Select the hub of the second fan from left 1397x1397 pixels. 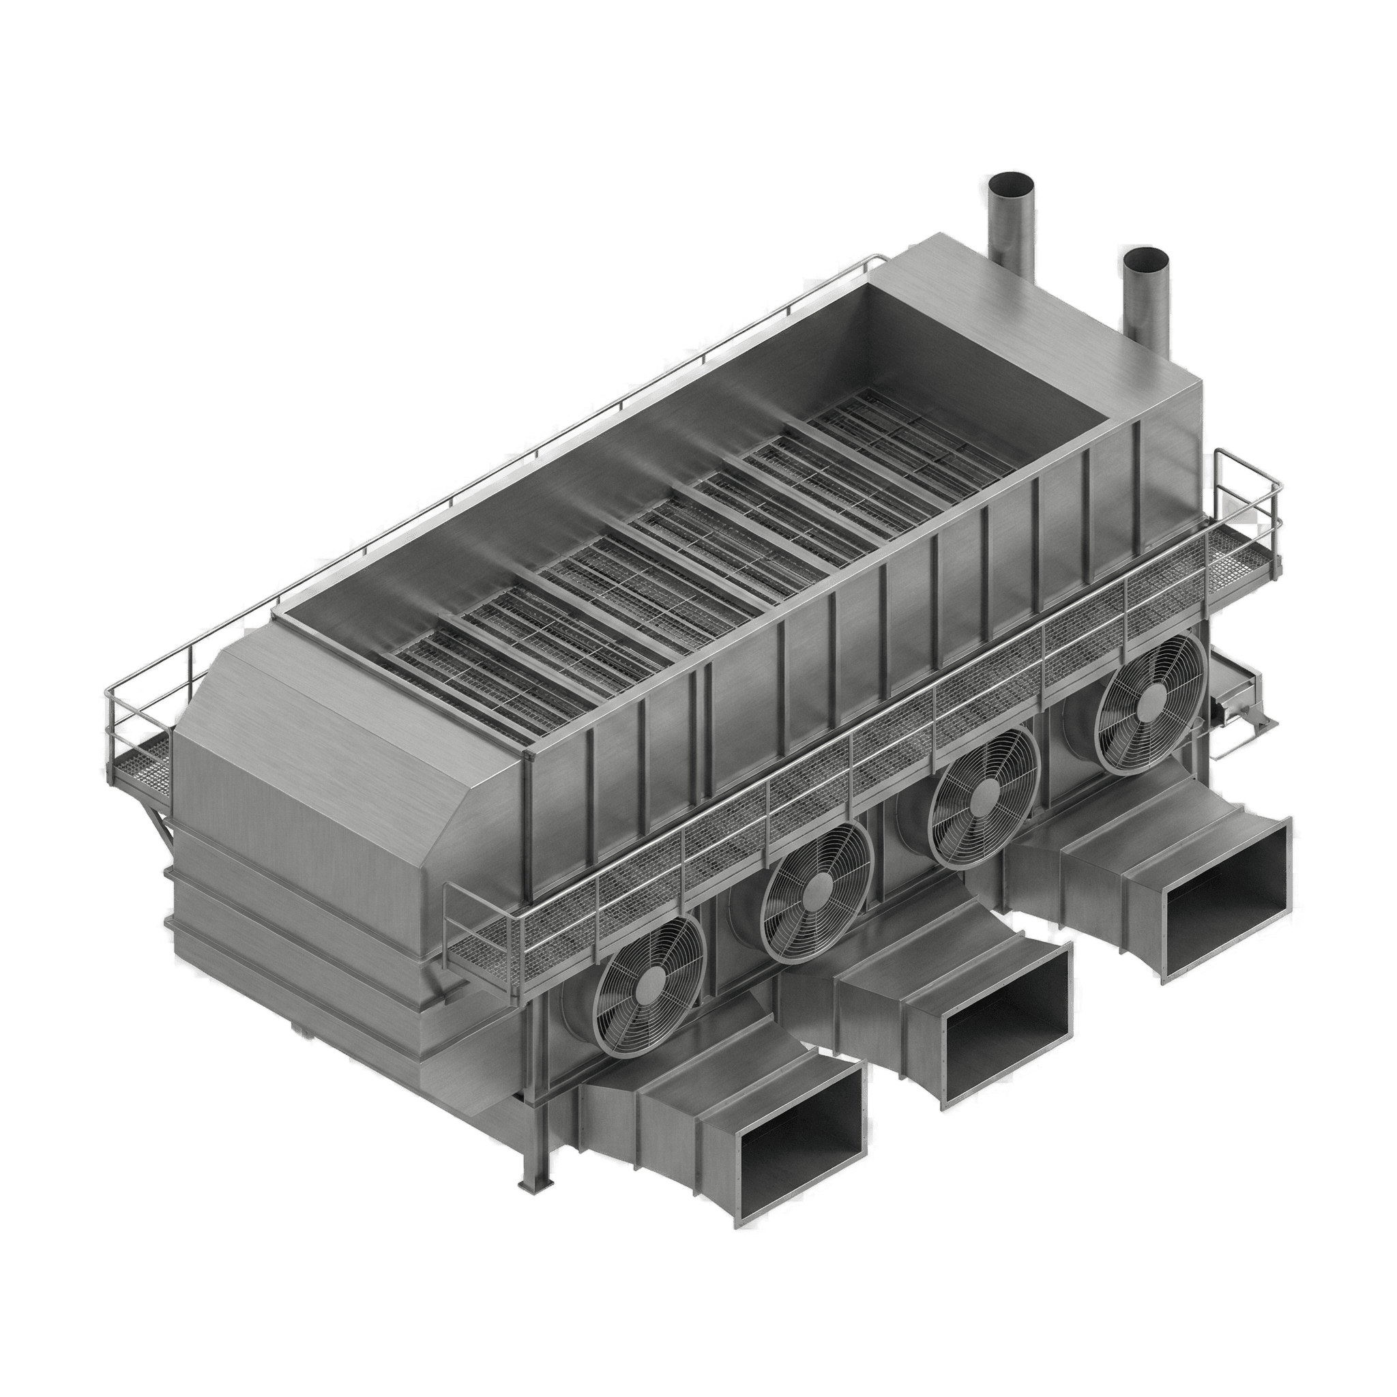[819, 887]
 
